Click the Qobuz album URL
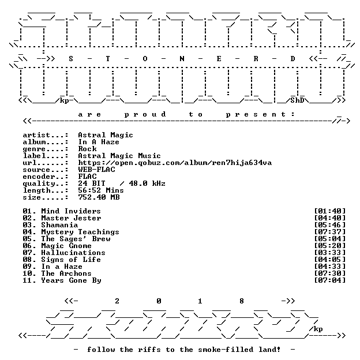click(x=175, y=163)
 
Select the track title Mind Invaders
click(x=71, y=211)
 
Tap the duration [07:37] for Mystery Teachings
click(x=329, y=232)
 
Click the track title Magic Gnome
click(x=66, y=246)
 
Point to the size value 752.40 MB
click(x=99, y=197)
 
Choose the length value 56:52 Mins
click(x=101, y=190)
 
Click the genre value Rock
click(x=88, y=149)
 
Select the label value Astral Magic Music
click(x=119, y=156)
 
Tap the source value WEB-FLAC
click(x=97, y=170)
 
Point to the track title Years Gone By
click(x=71, y=280)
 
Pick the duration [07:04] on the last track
click(x=329, y=280)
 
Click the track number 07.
click(x=28, y=253)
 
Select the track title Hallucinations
click(x=73, y=253)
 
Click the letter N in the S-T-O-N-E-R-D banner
click(x=182, y=59)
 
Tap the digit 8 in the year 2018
click(x=242, y=301)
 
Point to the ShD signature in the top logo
click(x=297, y=100)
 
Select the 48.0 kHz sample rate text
click(x=147, y=183)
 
